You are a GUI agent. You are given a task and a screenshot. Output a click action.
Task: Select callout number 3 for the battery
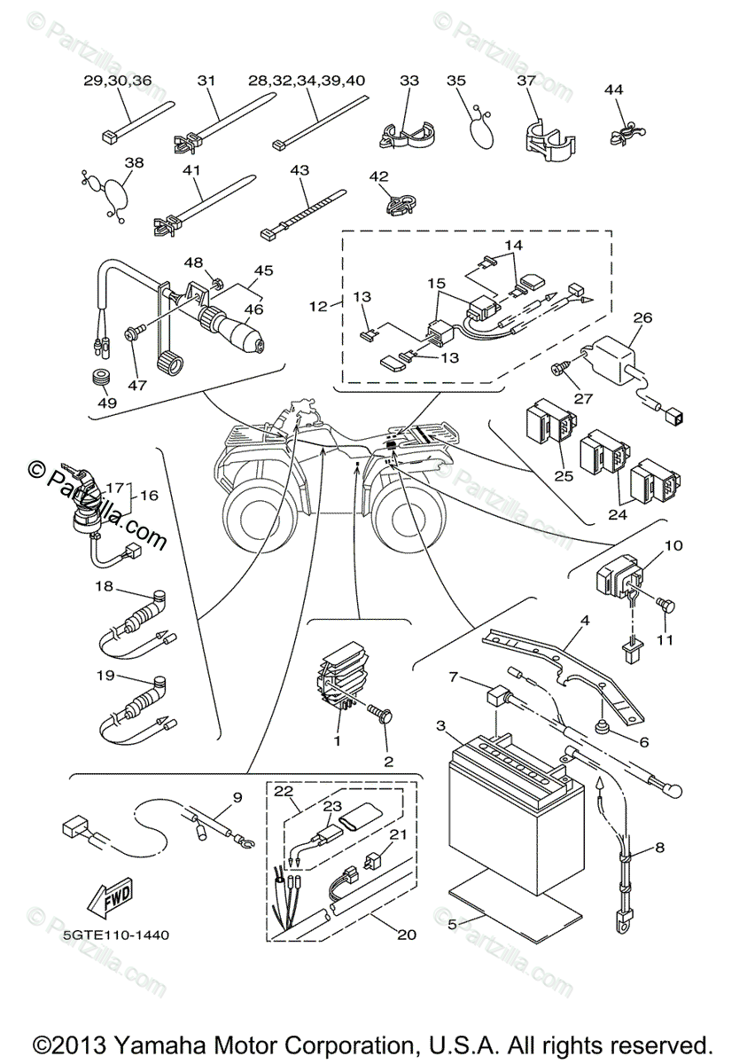tap(440, 726)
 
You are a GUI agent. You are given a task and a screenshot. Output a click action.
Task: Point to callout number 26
tap(642, 317)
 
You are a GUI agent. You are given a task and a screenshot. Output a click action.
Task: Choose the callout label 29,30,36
tap(118, 81)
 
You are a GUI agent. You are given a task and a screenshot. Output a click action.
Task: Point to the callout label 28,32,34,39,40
tap(307, 81)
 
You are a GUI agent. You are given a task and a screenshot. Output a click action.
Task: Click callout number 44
tap(614, 90)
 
